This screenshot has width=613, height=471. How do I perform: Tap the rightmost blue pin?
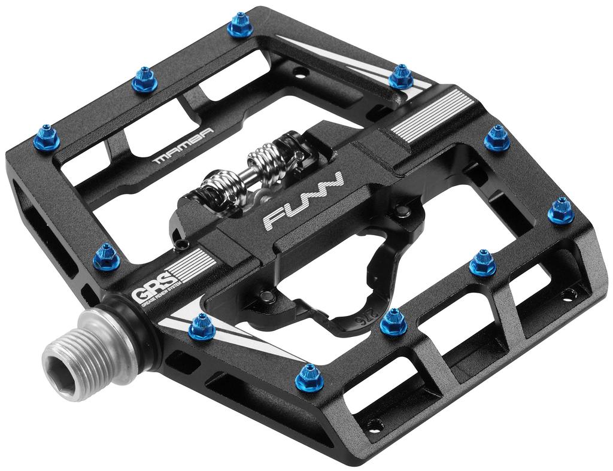pyautogui.click(x=561, y=209)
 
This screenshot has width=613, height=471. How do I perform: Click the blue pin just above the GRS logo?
pyautogui.click(x=107, y=256)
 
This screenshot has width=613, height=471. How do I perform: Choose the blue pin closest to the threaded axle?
pyautogui.click(x=201, y=326)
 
